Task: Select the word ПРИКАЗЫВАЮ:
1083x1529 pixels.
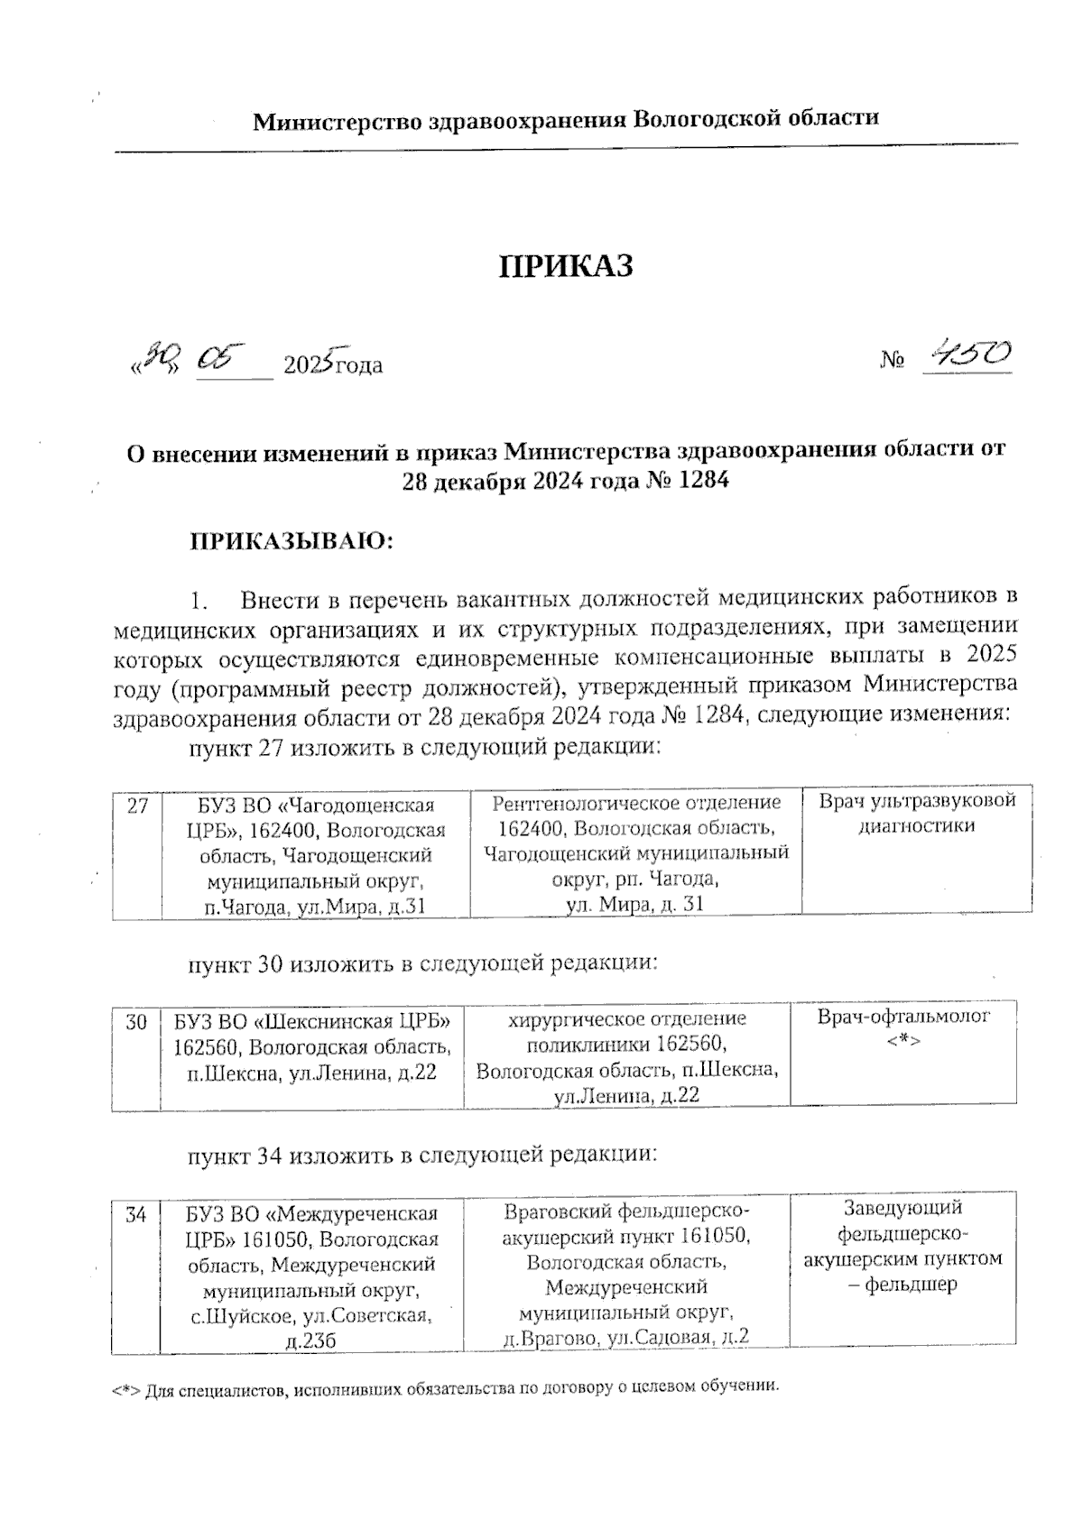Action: tap(292, 542)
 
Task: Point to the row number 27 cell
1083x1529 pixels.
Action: tap(137, 806)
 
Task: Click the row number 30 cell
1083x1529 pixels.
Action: tap(136, 1022)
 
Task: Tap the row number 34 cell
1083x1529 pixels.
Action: tap(136, 1215)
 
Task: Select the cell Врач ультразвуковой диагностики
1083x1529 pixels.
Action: tap(917, 813)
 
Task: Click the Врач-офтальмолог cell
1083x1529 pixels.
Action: tap(903, 1018)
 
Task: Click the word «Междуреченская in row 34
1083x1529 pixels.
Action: tap(355, 1215)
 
